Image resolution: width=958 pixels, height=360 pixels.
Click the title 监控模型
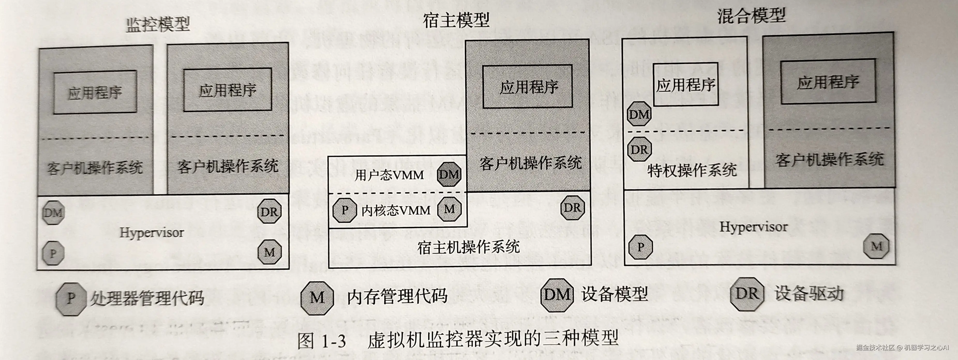click(158, 25)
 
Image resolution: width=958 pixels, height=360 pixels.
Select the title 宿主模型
click(456, 20)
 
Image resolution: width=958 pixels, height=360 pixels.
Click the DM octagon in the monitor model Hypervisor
click(53, 213)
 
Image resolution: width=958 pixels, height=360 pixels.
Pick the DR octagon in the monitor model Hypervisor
click(269, 212)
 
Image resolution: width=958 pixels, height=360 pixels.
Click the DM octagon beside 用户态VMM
click(449, 174)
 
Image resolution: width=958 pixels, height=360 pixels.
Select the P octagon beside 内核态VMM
click(345, 210)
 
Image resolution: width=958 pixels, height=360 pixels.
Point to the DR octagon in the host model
click(572, 207)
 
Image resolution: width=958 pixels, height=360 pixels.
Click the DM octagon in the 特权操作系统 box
click(639, 114)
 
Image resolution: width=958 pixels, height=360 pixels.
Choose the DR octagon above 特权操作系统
click(639, 149)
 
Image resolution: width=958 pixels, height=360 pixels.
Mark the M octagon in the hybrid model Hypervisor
click(877, 246)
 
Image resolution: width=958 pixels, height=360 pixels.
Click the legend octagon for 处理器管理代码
click(71, 298)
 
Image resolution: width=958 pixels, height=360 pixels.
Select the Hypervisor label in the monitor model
click(152, 233)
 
